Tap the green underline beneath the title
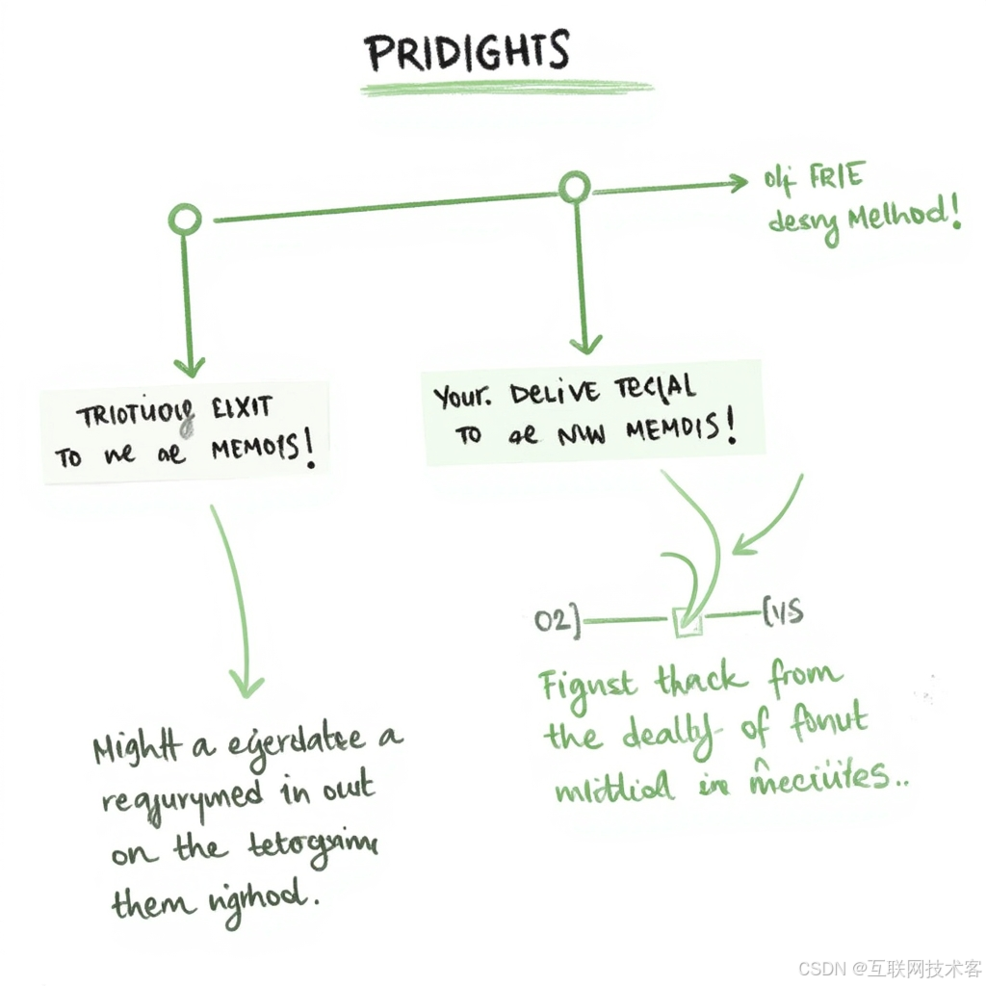506,89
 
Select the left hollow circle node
185,220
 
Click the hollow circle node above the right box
575,188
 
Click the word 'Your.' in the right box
461,395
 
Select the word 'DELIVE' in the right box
555,392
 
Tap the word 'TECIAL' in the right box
655,387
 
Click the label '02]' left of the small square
558,620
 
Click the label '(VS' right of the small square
783,613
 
